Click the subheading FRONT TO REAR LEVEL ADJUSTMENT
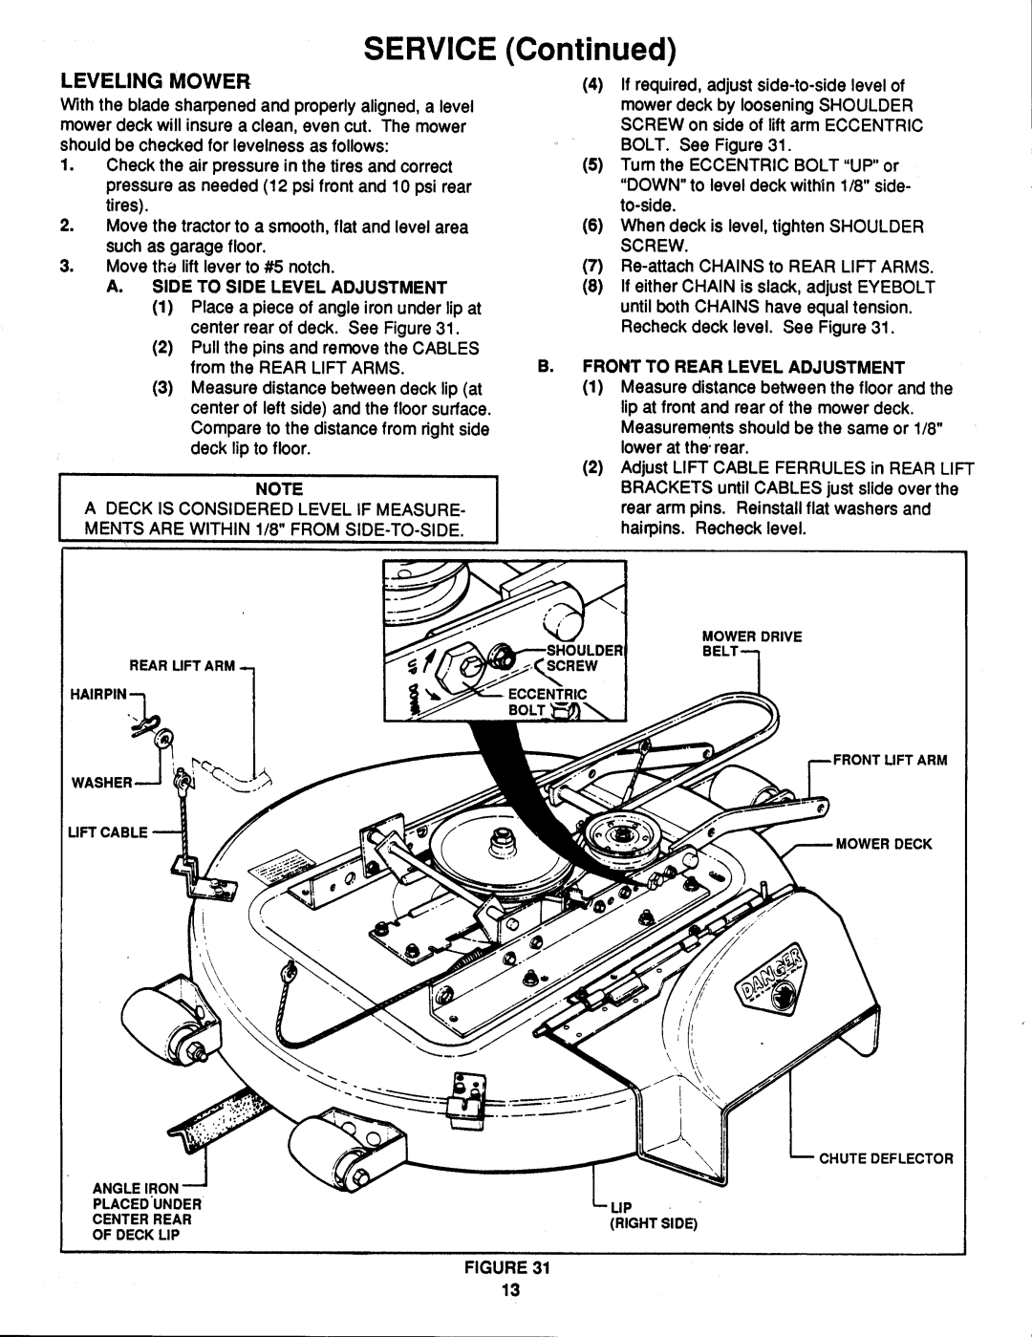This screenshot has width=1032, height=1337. click(x=761, y=367)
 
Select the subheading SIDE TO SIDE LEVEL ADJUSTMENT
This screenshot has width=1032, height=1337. click(x=299, y=286)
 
